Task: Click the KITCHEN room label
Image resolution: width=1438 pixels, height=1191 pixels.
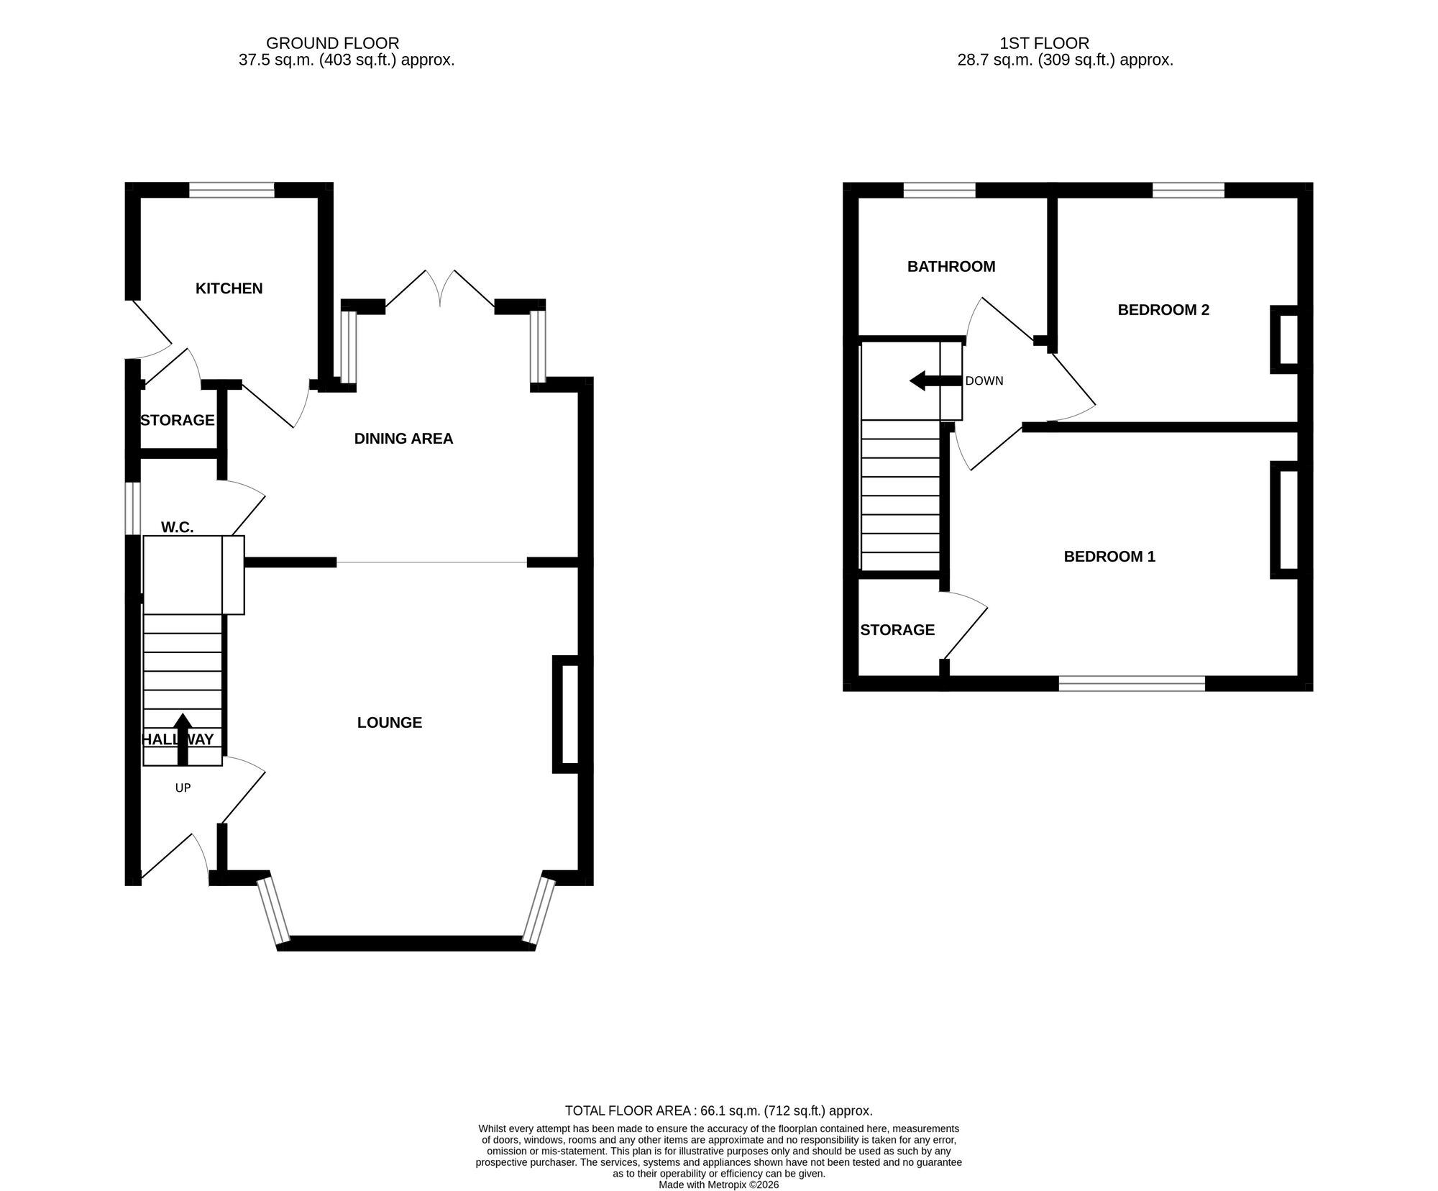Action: pos(229,288)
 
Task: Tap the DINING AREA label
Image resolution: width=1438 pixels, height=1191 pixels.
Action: pos(403,439)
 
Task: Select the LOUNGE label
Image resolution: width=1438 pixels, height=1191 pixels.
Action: pos(389,723)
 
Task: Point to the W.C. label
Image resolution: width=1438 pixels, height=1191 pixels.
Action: pos(177,527)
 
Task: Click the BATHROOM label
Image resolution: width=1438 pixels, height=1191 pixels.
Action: pos(951,267)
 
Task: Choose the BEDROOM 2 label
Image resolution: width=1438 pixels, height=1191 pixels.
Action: pos(1163,310)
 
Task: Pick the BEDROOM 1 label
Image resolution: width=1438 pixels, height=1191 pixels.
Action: pos(1109,557)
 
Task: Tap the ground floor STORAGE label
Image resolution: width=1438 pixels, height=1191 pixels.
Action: pos(177,420)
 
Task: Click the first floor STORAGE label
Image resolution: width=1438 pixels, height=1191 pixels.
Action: pos(897,630)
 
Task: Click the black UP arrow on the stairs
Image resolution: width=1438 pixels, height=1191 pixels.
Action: pos(183,738)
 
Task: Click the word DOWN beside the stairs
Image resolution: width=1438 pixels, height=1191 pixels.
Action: pos(984,381)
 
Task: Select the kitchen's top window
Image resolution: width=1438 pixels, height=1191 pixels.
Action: pos(232,190)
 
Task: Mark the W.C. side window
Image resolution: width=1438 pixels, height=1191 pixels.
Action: pos(133,508)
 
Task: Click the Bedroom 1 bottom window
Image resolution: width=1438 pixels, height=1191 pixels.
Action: pos(1132,683)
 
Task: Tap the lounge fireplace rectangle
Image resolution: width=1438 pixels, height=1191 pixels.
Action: pos(568,714)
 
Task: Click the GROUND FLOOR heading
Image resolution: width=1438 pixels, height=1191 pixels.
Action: pos(332,44)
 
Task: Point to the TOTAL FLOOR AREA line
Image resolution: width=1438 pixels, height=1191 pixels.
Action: pos(718,1110)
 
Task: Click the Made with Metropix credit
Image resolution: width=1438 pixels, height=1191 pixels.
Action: pos(718,1185)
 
